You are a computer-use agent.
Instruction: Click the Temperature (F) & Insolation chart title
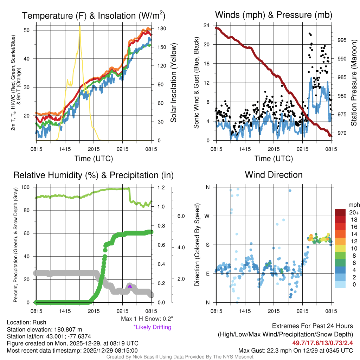(94, 15)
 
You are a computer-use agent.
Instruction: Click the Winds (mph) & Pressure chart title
(274, 15)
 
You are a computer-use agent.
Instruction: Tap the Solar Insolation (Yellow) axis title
(173, 83)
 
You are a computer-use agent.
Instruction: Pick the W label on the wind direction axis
(207, 216)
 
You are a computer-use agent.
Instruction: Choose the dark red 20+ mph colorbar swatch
(340, 212)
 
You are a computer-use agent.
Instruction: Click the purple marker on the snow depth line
(130, 286)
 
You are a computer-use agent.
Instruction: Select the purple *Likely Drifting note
(152, 327)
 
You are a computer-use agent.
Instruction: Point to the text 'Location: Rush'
(26, 322)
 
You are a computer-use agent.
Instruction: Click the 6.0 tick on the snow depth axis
(181, 216)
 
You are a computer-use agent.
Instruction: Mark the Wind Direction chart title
(274, 175)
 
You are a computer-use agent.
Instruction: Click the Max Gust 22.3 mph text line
(295, 350)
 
